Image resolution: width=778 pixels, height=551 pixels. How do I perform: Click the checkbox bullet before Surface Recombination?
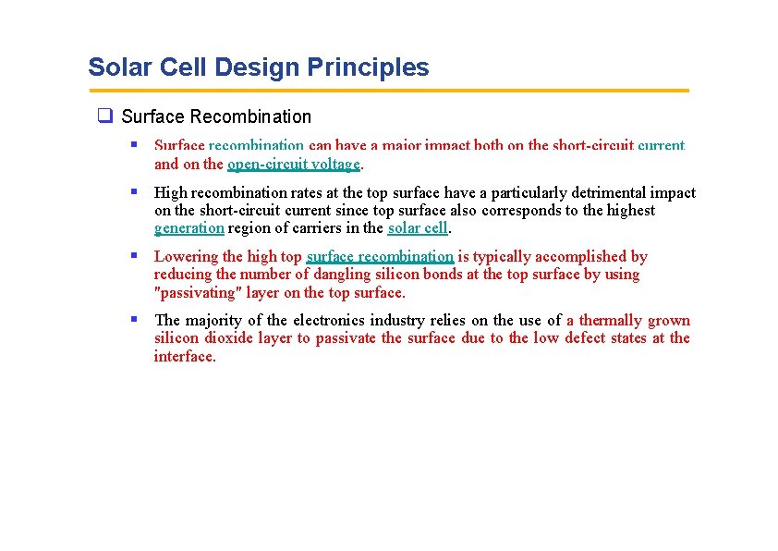[x=105, y=116]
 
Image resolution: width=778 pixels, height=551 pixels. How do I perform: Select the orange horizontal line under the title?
[x=388, y=91]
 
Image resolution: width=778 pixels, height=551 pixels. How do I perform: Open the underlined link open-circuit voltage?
[x=294, y=165]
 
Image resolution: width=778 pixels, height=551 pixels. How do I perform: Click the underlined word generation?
[x=188, y=228]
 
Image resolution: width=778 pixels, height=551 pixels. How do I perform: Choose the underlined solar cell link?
[x=418, y=228]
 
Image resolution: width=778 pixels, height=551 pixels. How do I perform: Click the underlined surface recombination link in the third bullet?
[x=380, y=257]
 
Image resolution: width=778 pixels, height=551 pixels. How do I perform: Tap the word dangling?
[x=341, y=275]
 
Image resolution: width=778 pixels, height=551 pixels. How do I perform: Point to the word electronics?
[x=359, y=321]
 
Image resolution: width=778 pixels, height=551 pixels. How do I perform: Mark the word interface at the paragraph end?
[x=184, y=357]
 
